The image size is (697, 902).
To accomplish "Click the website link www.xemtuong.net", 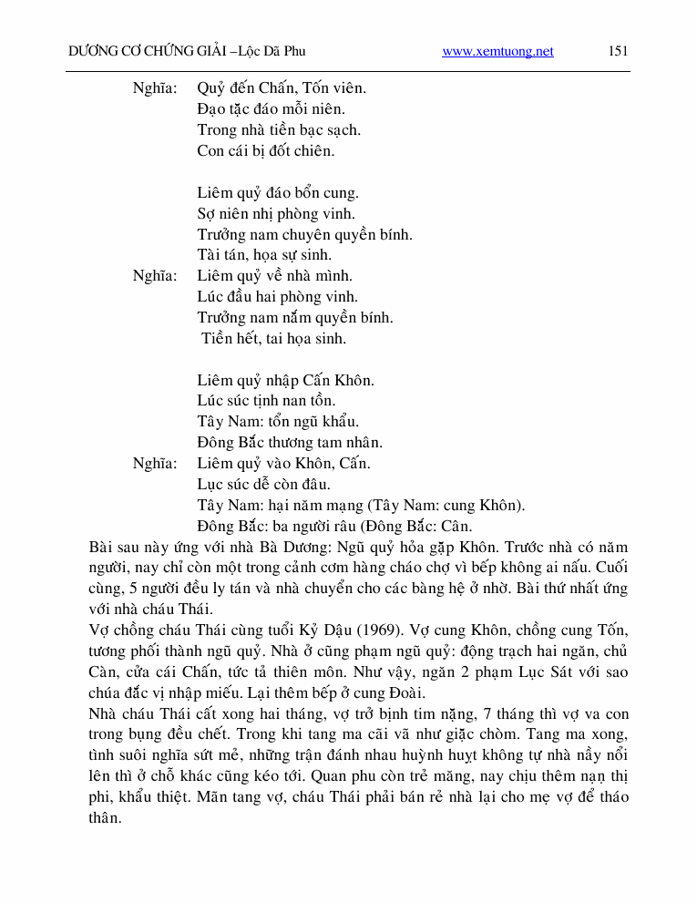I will [497, 52].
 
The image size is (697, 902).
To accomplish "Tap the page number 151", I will [618, 51].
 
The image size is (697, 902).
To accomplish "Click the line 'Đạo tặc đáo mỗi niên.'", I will [265, 109].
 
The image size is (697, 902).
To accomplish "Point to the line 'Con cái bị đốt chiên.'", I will [265, 151].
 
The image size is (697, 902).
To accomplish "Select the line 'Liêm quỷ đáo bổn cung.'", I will [278, 193].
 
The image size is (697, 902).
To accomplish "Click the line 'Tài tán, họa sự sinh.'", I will [264, 255].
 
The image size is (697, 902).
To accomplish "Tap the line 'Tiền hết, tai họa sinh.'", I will [274, 339].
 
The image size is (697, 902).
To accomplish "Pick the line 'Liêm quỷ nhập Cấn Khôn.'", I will [285, 381].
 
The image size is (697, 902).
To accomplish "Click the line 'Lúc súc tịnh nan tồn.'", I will [266, 401].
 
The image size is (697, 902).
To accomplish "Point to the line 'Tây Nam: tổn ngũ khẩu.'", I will [278, 422].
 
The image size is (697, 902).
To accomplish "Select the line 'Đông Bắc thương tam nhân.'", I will [290, 443].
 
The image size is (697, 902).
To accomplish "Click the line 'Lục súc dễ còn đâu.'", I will [263, 485].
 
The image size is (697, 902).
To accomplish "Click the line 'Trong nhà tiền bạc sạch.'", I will [279, 130].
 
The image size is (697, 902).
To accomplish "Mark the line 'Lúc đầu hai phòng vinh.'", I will [277, 297].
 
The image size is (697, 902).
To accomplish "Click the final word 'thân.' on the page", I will [106, 818].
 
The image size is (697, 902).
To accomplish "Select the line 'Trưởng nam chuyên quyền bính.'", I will [304, 235].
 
